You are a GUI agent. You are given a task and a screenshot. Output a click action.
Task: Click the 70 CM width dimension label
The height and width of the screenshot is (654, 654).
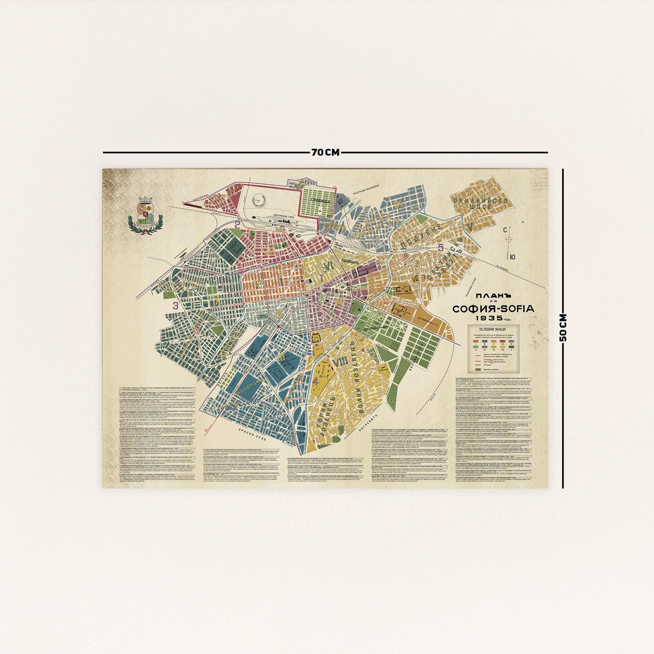tap(325, 153)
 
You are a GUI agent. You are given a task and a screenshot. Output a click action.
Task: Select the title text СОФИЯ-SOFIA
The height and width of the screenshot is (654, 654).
tap(493, 309)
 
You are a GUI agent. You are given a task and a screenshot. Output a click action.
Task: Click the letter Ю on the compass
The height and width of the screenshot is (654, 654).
tap(512, 257)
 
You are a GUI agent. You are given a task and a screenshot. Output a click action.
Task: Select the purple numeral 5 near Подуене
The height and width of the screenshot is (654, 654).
tap(441, 247)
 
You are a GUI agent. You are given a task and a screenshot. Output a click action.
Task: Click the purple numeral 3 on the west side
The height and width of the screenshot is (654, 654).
tap(175, 306)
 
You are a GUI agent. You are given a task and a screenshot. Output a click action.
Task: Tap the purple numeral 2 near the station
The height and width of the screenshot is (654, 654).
tap(237, 223)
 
